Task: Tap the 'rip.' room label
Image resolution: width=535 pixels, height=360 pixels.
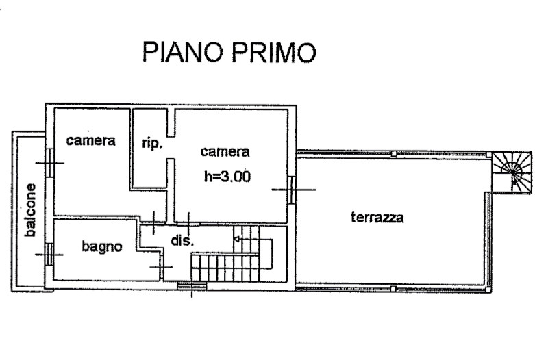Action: [x=151, y=144]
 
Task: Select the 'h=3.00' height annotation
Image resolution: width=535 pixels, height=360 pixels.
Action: [x=227, y=176]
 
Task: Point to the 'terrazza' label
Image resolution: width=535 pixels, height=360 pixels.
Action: [x=377, y=218]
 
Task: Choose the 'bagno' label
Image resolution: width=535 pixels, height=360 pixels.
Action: [x=102, y=246]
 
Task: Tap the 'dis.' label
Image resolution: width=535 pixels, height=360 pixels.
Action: [x=184, y=241]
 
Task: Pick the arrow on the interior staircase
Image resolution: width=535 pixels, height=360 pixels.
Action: [x=237, y=240]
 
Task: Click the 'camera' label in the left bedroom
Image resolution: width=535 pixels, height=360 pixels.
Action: [x=90, y=141]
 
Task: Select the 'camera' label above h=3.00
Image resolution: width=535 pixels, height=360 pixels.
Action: [x=225, y=151]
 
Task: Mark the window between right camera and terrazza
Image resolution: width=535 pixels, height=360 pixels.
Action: [x=293, y=189]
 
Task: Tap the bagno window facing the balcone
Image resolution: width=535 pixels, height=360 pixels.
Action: [x=49, y=255]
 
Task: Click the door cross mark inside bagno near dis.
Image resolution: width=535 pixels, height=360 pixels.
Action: [x=161, y=266]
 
